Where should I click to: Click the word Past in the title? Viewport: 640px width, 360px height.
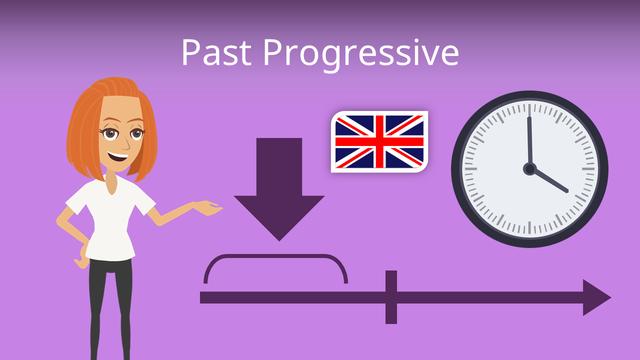click(216, 52)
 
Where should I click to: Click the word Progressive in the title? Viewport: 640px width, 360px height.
click(361, 55)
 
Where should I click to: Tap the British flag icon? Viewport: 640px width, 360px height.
click(380, 142)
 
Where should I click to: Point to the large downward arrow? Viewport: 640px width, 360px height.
click(279, 189)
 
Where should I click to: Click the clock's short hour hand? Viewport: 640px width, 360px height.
click(548, 180)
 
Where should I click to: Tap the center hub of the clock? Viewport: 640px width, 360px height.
click(529, 169)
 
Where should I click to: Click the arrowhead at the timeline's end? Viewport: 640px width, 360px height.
click(597, 298)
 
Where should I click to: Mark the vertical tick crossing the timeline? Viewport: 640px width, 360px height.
click(391, 297)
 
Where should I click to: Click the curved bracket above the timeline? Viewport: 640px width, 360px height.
click(276, 257)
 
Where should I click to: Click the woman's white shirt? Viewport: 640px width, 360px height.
click(110, 218)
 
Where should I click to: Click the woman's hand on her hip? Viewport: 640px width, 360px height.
click(82, 257)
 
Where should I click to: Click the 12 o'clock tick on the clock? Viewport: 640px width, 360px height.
click(530, 108)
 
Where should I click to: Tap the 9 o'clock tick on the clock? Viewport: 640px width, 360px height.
click(469, 169)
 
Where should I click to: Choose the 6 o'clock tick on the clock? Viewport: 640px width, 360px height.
click(530, 229)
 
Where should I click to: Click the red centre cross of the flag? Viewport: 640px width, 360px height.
click(380, 142)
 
